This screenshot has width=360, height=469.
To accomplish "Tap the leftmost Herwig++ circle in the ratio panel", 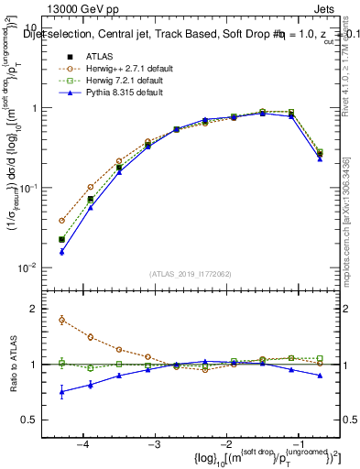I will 61,320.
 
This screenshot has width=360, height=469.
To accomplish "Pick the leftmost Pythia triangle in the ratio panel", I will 61,391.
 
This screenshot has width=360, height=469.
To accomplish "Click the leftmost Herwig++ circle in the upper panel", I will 61,221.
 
